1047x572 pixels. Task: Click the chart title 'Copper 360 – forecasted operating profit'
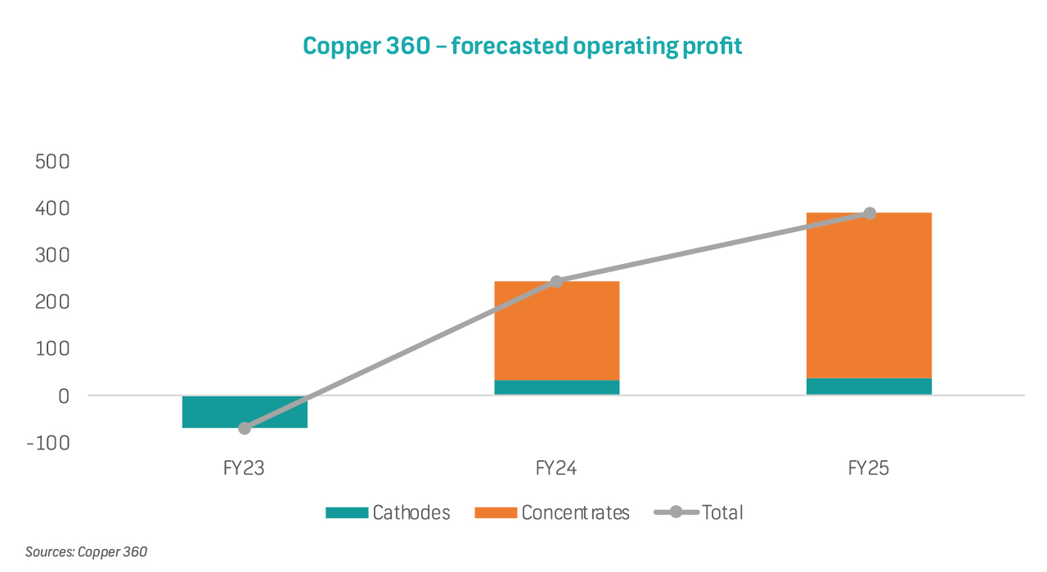[x=522, y=46]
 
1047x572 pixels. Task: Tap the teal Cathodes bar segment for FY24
[x=556, y=387]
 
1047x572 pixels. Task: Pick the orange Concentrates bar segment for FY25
[x=869, y=295]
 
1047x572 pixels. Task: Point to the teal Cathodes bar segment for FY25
[x=869, y=387]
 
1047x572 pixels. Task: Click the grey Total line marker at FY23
[x=245, y=428]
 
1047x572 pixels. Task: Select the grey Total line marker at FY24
[x=556, y=281]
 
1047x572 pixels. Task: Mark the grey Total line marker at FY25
[x=870, y=213]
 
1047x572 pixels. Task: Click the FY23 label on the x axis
[x=245, y=469]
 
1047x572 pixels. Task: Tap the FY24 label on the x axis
[x=556, y=469]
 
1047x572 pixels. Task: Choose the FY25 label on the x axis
[x=869, y=469]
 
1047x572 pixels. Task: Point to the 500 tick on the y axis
[x=53, y=162]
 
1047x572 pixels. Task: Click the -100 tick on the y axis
[x=50, y=443]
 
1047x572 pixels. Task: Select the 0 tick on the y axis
[x=64, y=395]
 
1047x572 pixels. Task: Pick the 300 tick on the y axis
[x=53, y=256]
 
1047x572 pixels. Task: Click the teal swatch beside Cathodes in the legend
[x=346, y=513]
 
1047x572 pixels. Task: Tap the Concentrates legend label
[x=575, y=513]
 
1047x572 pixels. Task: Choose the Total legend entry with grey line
[x=699, y=513]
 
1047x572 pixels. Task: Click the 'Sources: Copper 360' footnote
[x=86, y=552]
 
